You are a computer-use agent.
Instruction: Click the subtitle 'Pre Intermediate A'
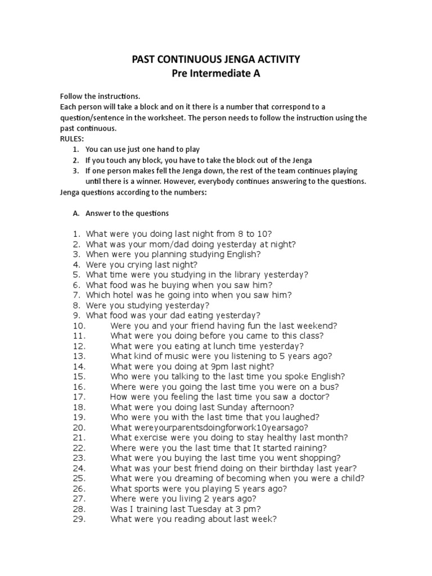pyautogui.click(x=216, y=74)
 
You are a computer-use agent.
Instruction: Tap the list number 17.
pyautogui.click(x=79, y=397)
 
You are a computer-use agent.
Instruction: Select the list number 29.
pyautogui.click(x=79, y=519)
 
